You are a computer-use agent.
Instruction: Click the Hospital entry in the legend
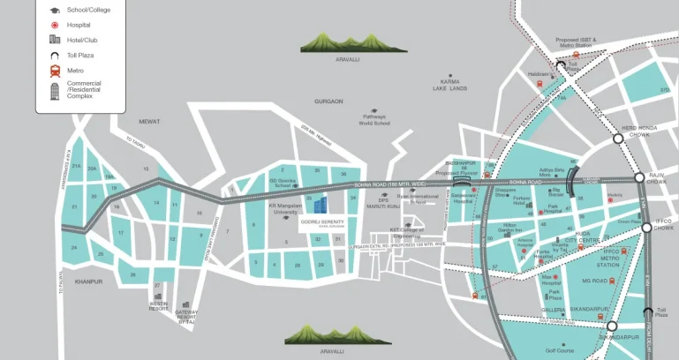pos(79,25)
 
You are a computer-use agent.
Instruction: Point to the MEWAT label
pos(149,122)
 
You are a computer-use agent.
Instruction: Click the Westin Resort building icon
pos(159,297)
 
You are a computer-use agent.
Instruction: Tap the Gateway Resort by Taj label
pos(187,318)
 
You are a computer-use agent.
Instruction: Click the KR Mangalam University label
pos(284,210)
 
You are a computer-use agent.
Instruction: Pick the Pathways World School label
pos(374,121)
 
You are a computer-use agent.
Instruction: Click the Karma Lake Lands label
pos(449,86)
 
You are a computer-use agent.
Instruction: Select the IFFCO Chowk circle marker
pos(646,227)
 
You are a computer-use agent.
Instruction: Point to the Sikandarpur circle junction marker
pos(611,326)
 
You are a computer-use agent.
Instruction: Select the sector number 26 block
pos(133,275)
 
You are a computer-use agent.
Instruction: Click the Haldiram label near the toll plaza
pos(539,74)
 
